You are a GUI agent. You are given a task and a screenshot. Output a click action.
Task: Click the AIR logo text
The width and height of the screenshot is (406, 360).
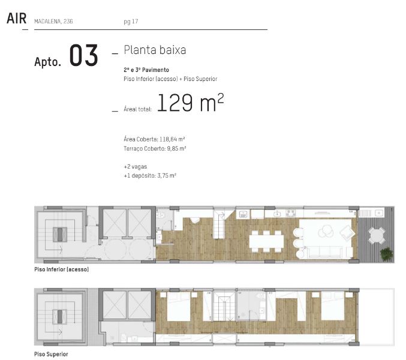17,19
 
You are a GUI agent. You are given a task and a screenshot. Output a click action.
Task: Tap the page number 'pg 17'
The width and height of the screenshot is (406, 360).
131,22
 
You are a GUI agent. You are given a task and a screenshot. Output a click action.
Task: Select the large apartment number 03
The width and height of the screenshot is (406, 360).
83,55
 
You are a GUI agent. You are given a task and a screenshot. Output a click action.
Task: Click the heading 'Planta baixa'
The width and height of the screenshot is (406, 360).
155,50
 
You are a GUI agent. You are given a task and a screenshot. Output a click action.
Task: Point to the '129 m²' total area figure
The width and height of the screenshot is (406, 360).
190,103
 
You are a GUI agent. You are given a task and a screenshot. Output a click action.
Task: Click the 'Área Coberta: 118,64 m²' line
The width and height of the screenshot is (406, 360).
154,139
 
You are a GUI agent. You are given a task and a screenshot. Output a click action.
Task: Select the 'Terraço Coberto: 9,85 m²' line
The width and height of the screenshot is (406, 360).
155,148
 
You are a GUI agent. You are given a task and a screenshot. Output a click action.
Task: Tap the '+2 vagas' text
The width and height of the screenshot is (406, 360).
136,167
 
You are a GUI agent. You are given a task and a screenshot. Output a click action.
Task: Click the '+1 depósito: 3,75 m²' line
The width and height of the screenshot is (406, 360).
150,176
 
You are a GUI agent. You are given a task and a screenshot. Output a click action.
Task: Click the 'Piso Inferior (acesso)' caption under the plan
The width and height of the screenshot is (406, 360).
62,269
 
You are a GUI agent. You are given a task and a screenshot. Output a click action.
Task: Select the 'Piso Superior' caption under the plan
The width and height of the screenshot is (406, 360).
51,354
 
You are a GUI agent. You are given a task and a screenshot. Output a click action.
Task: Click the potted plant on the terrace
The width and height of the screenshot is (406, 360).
387,254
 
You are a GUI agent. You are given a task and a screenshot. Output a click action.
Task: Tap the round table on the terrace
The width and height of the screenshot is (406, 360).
377,235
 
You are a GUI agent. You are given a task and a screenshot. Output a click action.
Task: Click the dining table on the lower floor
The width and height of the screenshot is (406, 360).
266,241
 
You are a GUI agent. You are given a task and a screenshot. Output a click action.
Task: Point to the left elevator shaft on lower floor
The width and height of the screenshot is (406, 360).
115,223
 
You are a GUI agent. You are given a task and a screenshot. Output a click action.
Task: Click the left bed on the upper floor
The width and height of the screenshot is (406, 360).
179,307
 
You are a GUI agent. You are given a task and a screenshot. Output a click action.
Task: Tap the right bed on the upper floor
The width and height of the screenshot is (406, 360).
332,306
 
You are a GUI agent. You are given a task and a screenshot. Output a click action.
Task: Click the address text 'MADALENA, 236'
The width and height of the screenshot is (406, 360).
53,22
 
